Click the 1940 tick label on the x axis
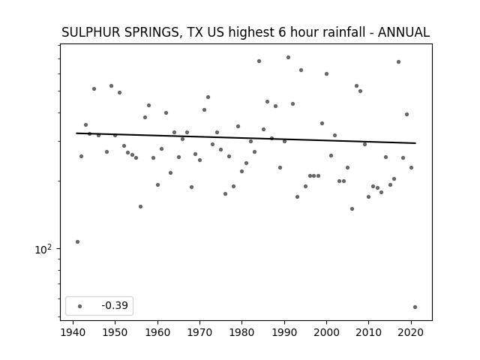pyautogui.click(x=73, y=332)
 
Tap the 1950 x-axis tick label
pyautogui.click(x=115, y=332)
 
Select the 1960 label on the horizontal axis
pyautogui.click(x=157, y=332)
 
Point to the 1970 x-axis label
pyautogui.click(x=199, y=332)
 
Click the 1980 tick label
pyautogui.click(x=241, y=332)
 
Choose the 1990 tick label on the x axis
pyautogui.click(x=284, y=332)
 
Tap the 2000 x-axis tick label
pyautogui.click(x=327, y=332)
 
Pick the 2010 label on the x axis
pyautogui.click(x=368, y=332)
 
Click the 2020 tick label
pyautogui.click(x=411, y=332)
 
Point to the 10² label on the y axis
pyautogui.click(x=43, y=249)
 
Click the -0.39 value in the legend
pyautogui.click(x=115, y=305)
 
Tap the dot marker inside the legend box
pyautogui.click(x=80, y=306)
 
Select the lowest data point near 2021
pyautogui.click(x=415, y=307)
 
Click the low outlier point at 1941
pyautogui.click(x=77, y=241)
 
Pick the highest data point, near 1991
pyautogui.click(x=288, y=57)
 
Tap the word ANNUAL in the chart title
pyautogui.click(x=403, y=32)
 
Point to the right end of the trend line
pyautogui.click(x=415, y=143)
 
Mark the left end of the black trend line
pyautogui.click(x=76, y=133)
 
